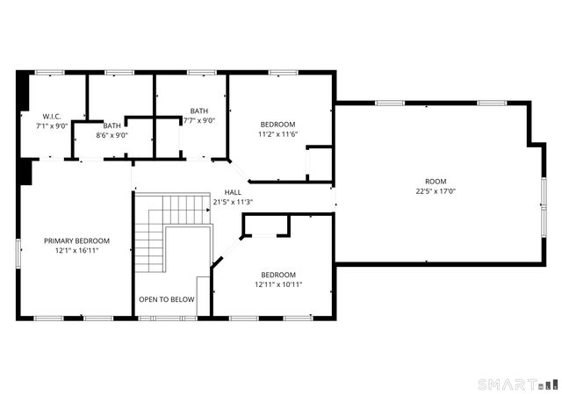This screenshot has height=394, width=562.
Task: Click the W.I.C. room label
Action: pyautogui.click(x=50, y=117)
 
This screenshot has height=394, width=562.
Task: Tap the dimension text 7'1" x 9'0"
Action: pyautogui.click(x=50, y=126)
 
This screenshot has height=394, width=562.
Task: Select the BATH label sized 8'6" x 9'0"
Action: pyautogui.click(x=112, y=125)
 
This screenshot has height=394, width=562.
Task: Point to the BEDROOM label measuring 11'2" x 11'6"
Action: pyautogui.click(x=277, y=125)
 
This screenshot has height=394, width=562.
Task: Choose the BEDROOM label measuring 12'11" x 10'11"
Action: pyautogui.click(x=277, y=275)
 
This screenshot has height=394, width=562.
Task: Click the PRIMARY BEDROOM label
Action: pyautogui.click(x=77, y=241)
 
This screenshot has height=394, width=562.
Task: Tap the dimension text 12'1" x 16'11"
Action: pyautogui.click(x=77, y=251)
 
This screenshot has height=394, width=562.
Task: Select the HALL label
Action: pyautogui.click(x=233, y=192)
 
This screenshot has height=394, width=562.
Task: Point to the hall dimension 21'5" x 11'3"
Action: pyautogui.click(x=233, y=202)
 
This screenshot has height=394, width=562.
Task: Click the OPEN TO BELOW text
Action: pyautogui.click(x=167, y=300)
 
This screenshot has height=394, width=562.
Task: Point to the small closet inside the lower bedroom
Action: pyautogui.click(x=266, y=226)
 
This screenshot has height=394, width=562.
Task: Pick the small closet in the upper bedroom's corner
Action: pyautogui.click(x=320, y=164)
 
